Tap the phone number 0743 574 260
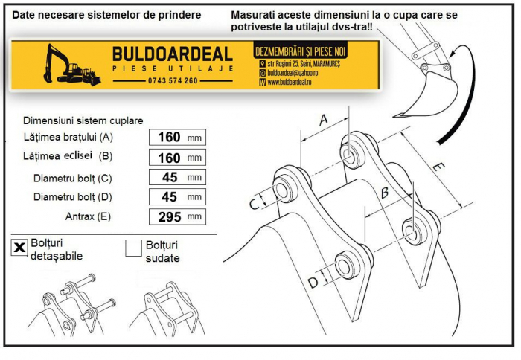(x=173, y=80)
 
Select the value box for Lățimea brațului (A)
(x=176, y=137)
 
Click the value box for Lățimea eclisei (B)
(x=176, y=157)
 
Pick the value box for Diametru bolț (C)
(x=176, y=177)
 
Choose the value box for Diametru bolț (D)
(x=176, y=197)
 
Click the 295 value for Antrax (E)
(x=170, y=217)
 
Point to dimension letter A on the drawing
(x=323, y=120)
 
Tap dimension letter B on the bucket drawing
(x=384, y=193)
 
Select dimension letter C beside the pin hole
(x=254, y=203)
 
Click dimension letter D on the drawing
(x=313, y=283)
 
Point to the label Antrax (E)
(x=88, y=217)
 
